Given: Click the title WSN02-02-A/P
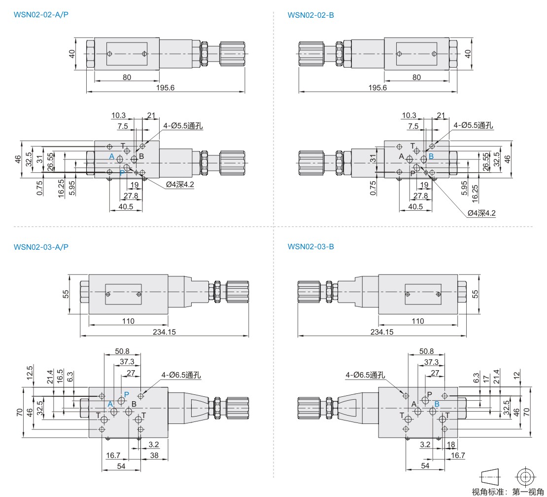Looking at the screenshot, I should [x=41, y=15].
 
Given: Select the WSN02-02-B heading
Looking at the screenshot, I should [x=311, y=15].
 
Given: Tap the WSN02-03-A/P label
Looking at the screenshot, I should [x=41, y=246].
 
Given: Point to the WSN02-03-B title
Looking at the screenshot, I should [x=311, y=246].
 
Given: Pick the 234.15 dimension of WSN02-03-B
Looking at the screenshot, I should [x=382, y=332].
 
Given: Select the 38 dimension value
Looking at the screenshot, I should [x=154, y=456].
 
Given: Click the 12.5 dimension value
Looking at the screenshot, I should [x=30, y=371].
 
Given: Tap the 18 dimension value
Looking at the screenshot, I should [x=450, y=445].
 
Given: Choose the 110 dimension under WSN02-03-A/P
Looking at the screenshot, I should [x=128, y=321].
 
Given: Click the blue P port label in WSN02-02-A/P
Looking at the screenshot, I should [x=122, y=173].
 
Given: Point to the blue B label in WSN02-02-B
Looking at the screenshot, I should [x=431, y=156].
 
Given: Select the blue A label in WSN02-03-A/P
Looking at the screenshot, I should [x=110, y=404].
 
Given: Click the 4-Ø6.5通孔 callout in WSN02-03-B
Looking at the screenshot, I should [x=366, y=375].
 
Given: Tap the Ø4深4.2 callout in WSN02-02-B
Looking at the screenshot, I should [x=481, y=213].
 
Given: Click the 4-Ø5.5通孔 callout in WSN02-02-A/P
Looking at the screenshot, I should [x=183, y=125].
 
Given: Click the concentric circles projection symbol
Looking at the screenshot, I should [x=525, y=476].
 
